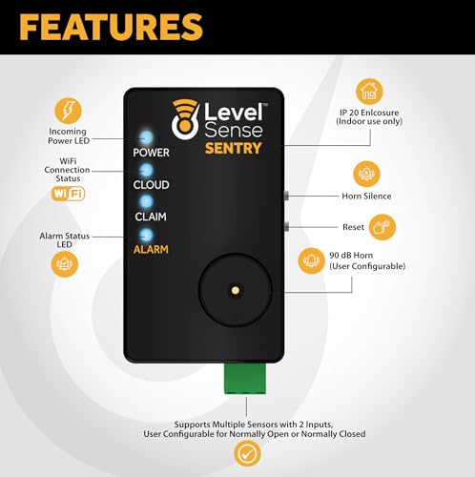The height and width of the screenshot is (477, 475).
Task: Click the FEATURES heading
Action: coord(111,27)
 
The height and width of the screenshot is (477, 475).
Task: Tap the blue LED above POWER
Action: coord(146,137)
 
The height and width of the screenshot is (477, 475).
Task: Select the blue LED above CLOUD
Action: coord(146,170)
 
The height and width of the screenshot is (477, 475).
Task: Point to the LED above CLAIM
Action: coord(146,201)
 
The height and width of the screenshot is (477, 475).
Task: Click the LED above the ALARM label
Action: coord(146,235)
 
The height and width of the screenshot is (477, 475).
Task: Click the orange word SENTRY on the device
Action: coord(233,148)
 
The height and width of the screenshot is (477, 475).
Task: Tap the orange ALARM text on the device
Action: coord(151,249)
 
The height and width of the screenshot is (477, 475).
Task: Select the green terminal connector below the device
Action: coord(245,379)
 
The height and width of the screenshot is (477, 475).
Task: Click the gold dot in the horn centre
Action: coord(236,290)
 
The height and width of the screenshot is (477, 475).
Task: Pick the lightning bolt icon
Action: coord(68,111)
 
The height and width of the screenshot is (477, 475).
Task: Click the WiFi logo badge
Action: coord(68,194)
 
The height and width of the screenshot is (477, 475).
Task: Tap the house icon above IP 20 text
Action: coord(369,92)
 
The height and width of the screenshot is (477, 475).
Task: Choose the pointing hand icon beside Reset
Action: coord(382,227)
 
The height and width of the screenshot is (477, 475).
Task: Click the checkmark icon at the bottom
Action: coord(247,453)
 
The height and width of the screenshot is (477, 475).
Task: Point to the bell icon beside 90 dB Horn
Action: coord(312,260)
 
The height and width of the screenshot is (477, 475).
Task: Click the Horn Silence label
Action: coord(366,196)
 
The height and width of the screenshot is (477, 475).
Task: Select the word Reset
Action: coord(353,227)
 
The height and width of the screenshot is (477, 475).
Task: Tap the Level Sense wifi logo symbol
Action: coord(185,119)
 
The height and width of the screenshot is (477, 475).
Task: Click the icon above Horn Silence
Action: coord(366,174)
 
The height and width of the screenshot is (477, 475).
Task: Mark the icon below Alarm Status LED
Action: coord(65,264)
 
